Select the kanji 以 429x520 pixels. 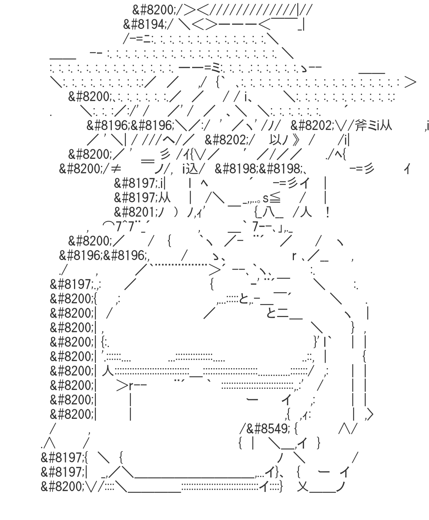(x=275, y=140)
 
